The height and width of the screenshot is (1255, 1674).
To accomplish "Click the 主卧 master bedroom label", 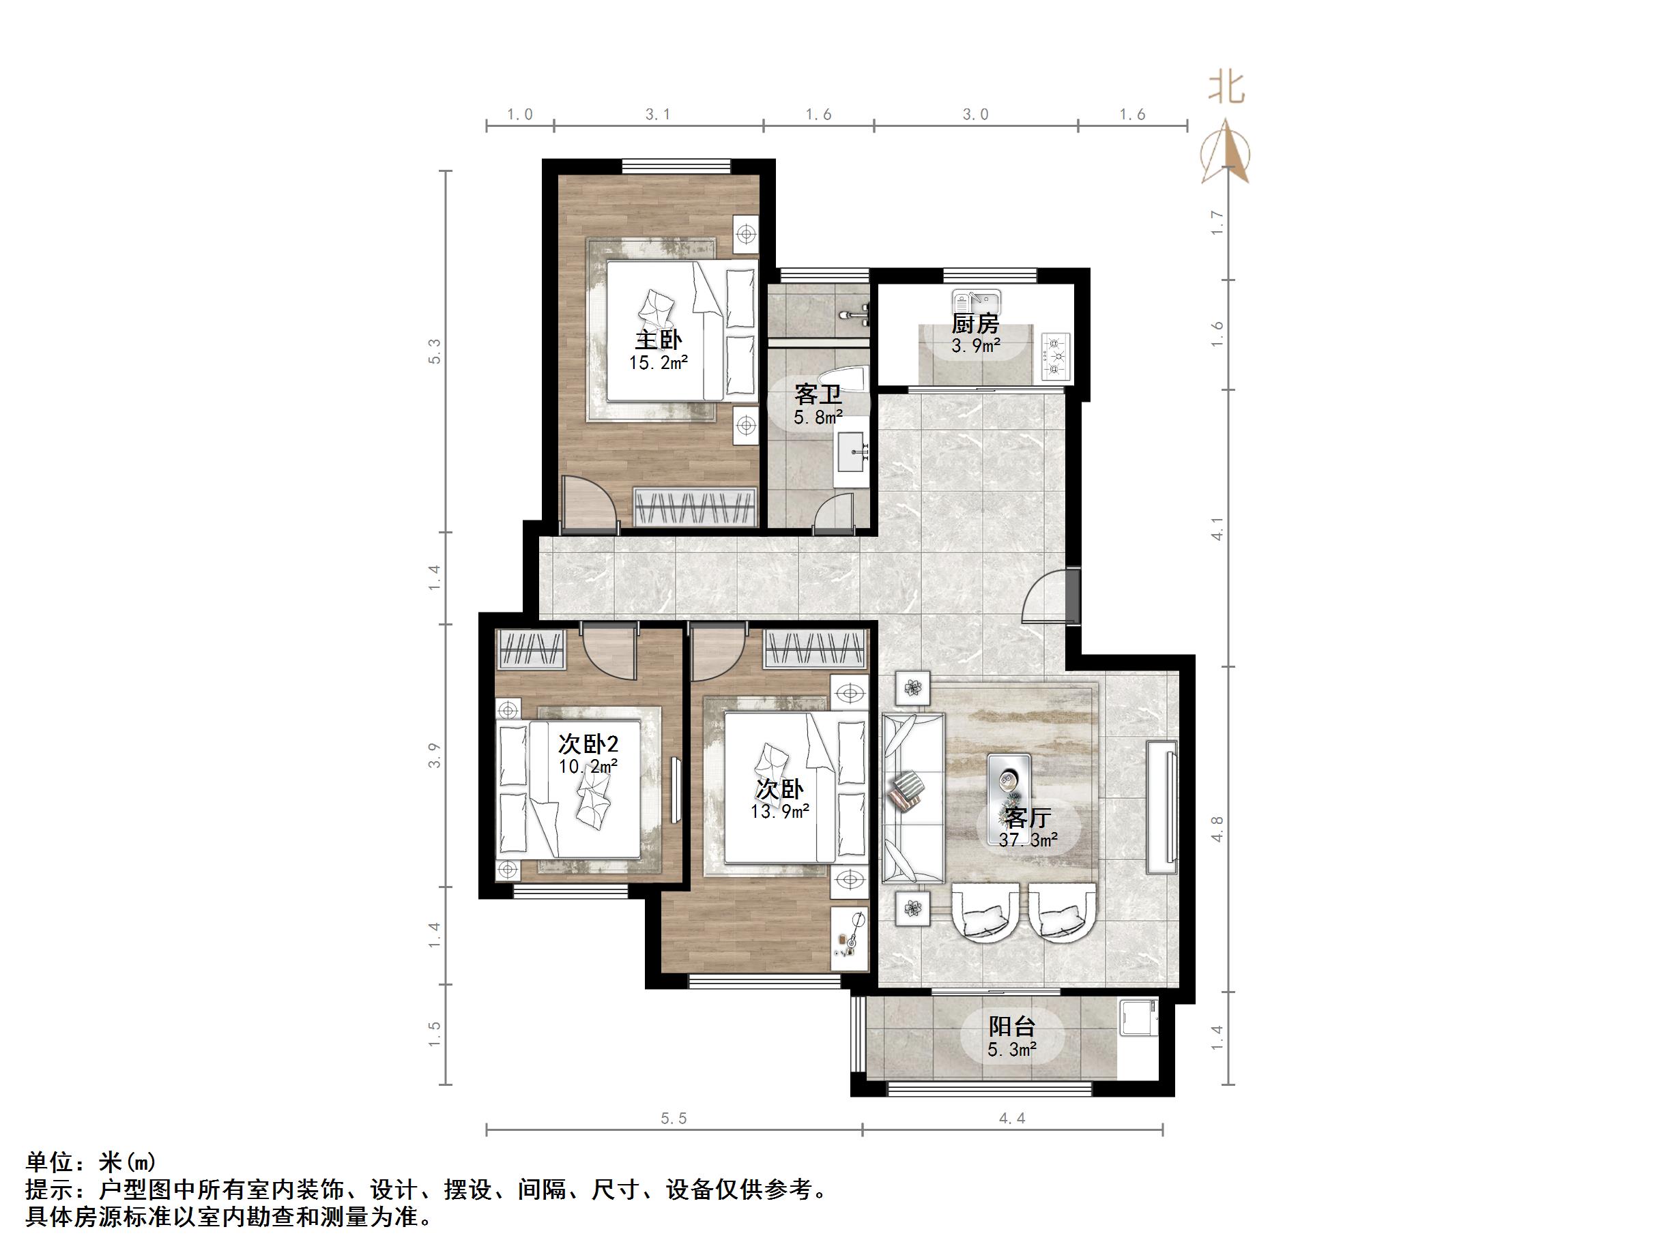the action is (658, 340).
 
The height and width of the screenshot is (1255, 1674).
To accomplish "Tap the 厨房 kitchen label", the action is (975, 325).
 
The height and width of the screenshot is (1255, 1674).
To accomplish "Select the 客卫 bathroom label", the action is (818, 394).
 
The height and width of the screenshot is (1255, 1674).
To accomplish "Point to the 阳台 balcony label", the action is (1012, 1027).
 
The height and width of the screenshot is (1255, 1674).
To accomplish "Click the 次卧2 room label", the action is (588, 744).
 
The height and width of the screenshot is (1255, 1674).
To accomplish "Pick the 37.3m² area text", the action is (1028, 840).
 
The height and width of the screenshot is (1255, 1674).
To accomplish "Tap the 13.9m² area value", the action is (780, 811).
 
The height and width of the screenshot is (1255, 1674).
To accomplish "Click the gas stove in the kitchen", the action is (1056, 355).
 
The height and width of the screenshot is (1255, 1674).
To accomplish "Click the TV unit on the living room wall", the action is (1162, 807).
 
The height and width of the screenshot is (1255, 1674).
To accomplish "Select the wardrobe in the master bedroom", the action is (695, 507).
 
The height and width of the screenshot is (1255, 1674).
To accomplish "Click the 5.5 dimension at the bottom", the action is (674, 1118).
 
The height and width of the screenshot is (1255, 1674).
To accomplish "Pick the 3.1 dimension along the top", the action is (658, 114).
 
